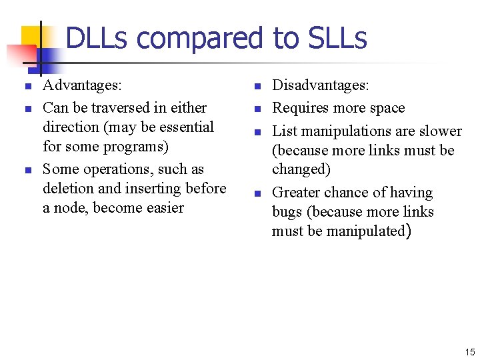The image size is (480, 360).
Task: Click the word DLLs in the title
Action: (97, 38)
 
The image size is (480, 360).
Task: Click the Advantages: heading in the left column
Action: (82, 85)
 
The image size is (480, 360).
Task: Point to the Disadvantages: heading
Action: (321, 85)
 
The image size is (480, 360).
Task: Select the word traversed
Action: (122, 107)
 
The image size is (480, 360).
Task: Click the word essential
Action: (183, 127)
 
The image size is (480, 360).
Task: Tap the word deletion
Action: (69, 188)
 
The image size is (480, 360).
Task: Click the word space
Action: (386, 108)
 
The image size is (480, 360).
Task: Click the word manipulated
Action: (369, 231)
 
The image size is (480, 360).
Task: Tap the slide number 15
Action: (469, 351)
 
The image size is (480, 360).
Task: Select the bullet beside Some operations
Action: (27, 170)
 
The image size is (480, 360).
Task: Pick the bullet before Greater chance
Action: (257, 193)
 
